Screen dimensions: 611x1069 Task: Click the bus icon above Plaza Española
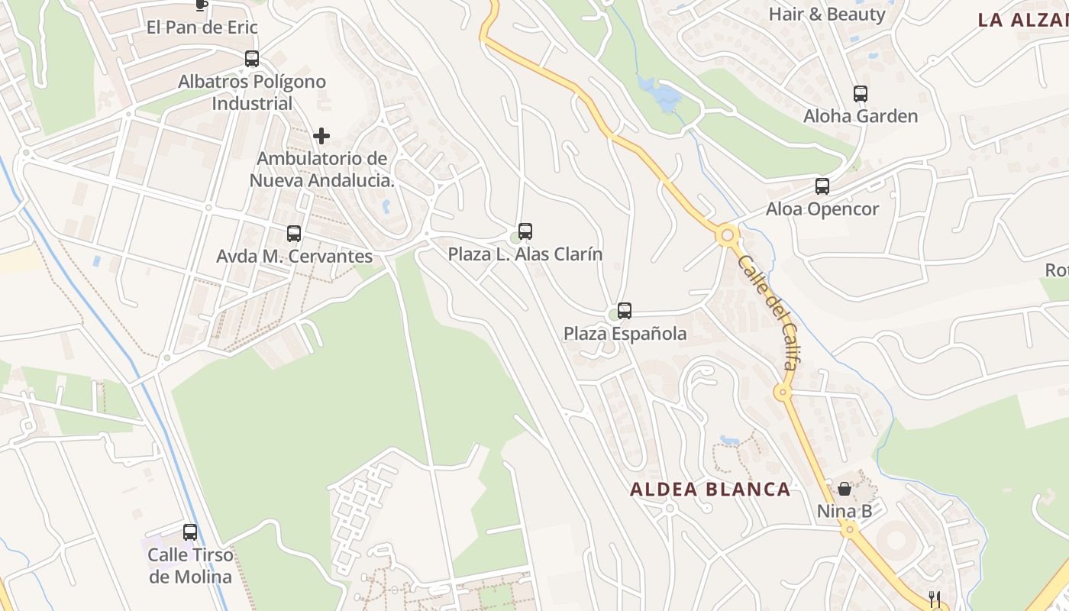[x=625, y=311]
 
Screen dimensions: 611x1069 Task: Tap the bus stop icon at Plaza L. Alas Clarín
[x=525, y=231]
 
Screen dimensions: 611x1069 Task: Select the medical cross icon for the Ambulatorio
[x=321, y=136]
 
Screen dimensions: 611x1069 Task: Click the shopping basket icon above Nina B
[x=845, y=489]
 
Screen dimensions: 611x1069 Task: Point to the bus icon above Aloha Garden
[x=861, y=94]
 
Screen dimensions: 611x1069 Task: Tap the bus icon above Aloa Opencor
[x=822, y=186]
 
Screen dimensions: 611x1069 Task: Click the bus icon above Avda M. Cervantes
[x=294, y=234]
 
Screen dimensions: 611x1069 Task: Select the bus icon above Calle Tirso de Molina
[x=190, y=532]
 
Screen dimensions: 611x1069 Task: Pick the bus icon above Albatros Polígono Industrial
[x=252, y=59]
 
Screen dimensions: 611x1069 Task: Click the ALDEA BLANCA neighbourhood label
[x=710, y=490]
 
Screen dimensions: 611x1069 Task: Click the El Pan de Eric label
[x=202, y=27]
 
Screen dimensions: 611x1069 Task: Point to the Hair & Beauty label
[x=827, y=14]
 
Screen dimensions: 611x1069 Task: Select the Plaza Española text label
[x=625, y=334]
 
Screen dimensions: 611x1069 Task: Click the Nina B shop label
[x=845, y=511]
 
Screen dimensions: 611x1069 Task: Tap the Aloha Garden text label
[x=861, y=116]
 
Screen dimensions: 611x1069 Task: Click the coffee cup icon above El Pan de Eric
[x=201, y=5]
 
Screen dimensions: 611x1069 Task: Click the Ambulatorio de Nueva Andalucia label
[x=322, y=170]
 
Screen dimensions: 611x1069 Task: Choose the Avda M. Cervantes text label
[x=294, y=256]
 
